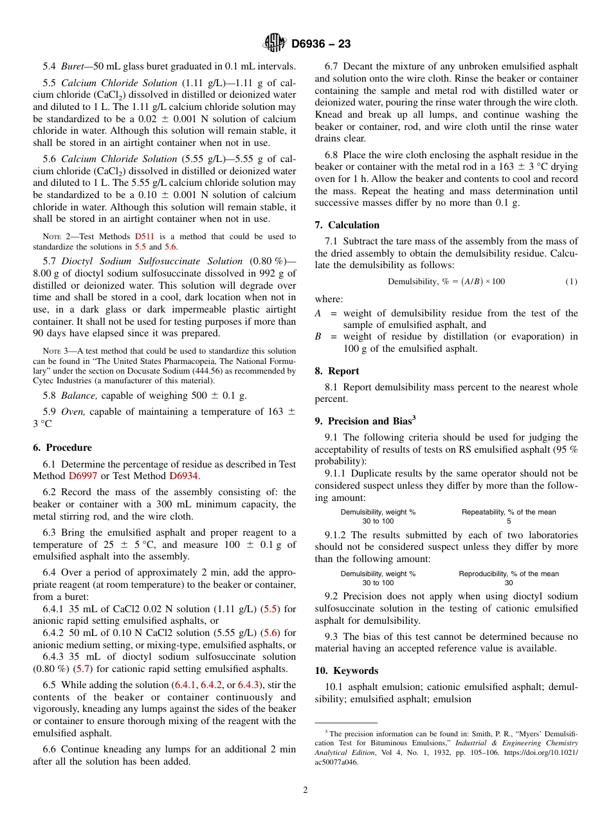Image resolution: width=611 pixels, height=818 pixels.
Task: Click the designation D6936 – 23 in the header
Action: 321,44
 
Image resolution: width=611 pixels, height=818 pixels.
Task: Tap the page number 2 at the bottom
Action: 305,790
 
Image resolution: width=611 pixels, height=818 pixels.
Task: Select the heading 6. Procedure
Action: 62,448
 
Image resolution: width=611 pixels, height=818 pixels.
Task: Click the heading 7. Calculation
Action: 347,225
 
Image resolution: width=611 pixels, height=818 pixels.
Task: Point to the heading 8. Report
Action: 337,371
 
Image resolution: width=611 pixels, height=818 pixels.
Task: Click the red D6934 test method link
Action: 184,476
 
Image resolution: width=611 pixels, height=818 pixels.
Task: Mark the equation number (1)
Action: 571,282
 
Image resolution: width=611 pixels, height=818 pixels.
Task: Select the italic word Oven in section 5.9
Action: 73,412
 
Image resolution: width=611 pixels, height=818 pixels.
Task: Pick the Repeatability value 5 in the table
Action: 508,522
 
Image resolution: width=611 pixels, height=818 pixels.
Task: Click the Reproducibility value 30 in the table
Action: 508,583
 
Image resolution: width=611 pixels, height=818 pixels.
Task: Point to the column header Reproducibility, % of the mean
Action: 508,574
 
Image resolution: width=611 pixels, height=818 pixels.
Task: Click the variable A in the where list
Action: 318,313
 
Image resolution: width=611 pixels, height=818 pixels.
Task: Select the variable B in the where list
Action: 318,336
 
